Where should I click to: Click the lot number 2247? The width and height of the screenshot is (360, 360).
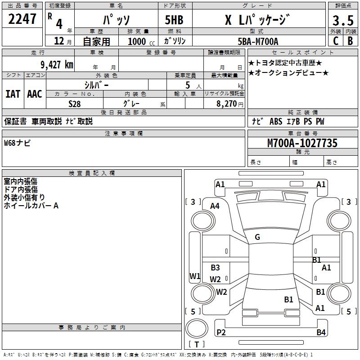(22, 19)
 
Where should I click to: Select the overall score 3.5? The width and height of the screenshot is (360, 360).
(342, 20)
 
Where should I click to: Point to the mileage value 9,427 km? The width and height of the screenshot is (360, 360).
(56, 64)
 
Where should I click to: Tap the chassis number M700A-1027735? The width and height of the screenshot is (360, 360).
(302, 144)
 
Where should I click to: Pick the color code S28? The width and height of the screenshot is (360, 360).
(74, 103)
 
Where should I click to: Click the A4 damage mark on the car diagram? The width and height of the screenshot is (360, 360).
(215, 206)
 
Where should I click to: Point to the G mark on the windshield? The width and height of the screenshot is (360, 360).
(257, 237)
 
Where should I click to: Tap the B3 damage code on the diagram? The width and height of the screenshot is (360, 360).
(215, 268)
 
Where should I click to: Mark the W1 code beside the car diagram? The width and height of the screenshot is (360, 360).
(195, 276)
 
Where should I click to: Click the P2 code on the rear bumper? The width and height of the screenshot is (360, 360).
(221, 333)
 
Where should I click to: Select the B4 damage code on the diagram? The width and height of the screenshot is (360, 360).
(321, 333)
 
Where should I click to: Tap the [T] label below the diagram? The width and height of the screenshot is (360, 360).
(197, 345)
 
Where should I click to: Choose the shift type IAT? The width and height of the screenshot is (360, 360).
(13, 94)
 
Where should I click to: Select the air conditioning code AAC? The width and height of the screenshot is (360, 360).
(35, 94)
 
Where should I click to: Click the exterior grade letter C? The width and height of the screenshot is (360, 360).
(335, 41)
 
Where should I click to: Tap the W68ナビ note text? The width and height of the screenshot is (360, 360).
(17, 144)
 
